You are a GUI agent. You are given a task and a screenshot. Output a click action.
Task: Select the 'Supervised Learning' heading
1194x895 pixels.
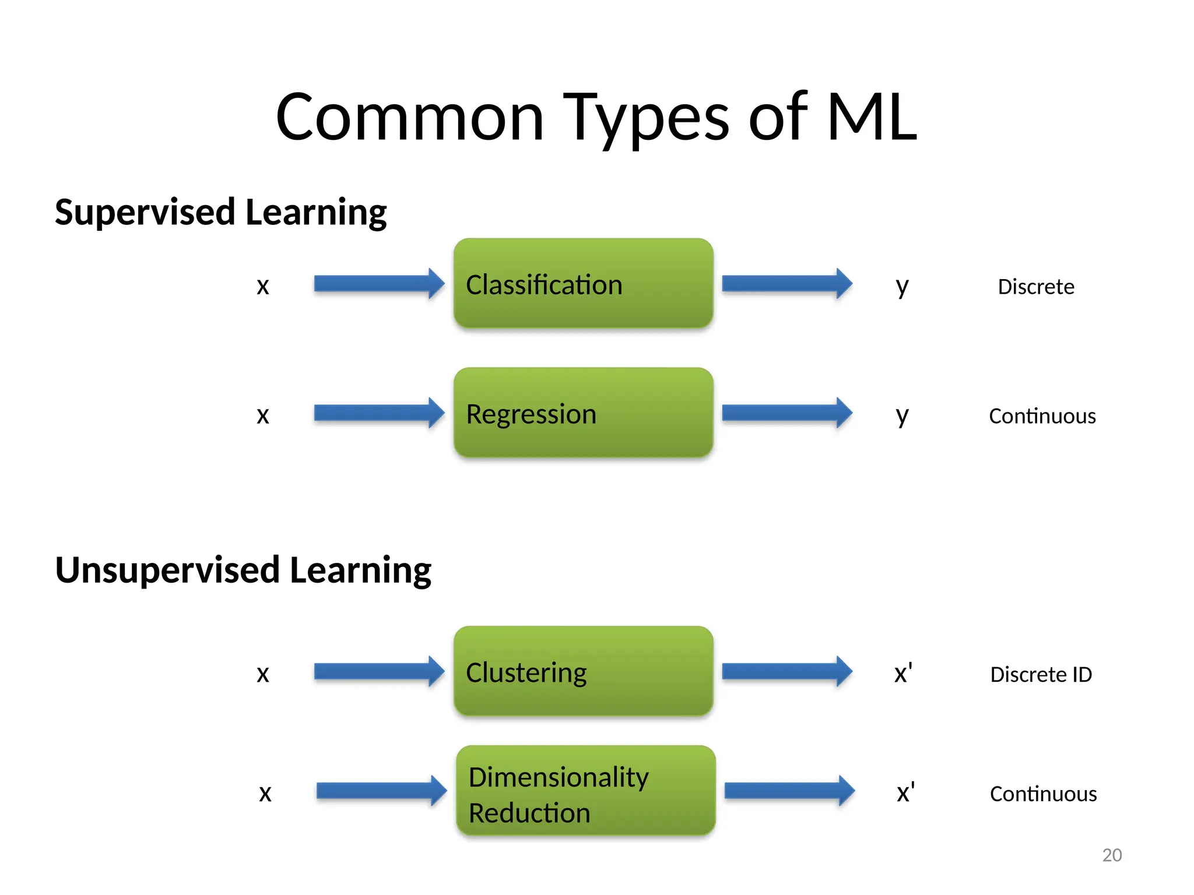[x=220, y=212]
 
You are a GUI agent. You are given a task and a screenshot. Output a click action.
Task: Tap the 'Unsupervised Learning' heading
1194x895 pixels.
[x=243, y=570]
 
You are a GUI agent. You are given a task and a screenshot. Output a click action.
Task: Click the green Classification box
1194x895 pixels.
[x=583, y=284]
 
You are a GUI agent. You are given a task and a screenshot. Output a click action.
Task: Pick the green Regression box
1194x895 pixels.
[x=583, y=413]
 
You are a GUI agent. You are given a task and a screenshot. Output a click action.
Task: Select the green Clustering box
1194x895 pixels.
[x=583, y=671]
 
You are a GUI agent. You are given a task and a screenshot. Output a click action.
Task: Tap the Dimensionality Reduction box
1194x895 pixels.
[x=585, y=791]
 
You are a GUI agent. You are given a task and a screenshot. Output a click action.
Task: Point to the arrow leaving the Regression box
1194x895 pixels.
[x=786, y=413]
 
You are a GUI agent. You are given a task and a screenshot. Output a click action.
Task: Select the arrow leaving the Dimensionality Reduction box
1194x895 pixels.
[x=789, y=791]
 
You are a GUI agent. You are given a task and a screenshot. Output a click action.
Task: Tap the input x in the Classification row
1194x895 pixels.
[x=263, y=286]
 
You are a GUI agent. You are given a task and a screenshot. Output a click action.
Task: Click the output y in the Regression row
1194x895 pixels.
[x=902, y=416]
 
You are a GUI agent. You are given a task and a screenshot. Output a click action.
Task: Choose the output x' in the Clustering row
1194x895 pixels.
[x=903, y=674]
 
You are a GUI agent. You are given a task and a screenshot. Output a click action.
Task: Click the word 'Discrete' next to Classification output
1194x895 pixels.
[x=1036, y=287]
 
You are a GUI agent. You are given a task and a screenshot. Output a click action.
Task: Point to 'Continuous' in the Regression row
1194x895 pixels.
[x=1042, y=416]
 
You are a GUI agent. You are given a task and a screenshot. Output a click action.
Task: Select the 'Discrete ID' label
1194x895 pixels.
[x=1041, y=674]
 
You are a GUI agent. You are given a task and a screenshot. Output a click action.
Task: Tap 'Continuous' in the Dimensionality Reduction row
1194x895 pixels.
[x=1043, y=794]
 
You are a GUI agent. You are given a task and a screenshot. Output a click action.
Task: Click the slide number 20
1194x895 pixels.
[x=1112, y=855]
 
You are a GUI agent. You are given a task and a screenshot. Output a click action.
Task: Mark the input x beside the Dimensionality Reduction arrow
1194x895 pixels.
[x=265, y=793]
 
